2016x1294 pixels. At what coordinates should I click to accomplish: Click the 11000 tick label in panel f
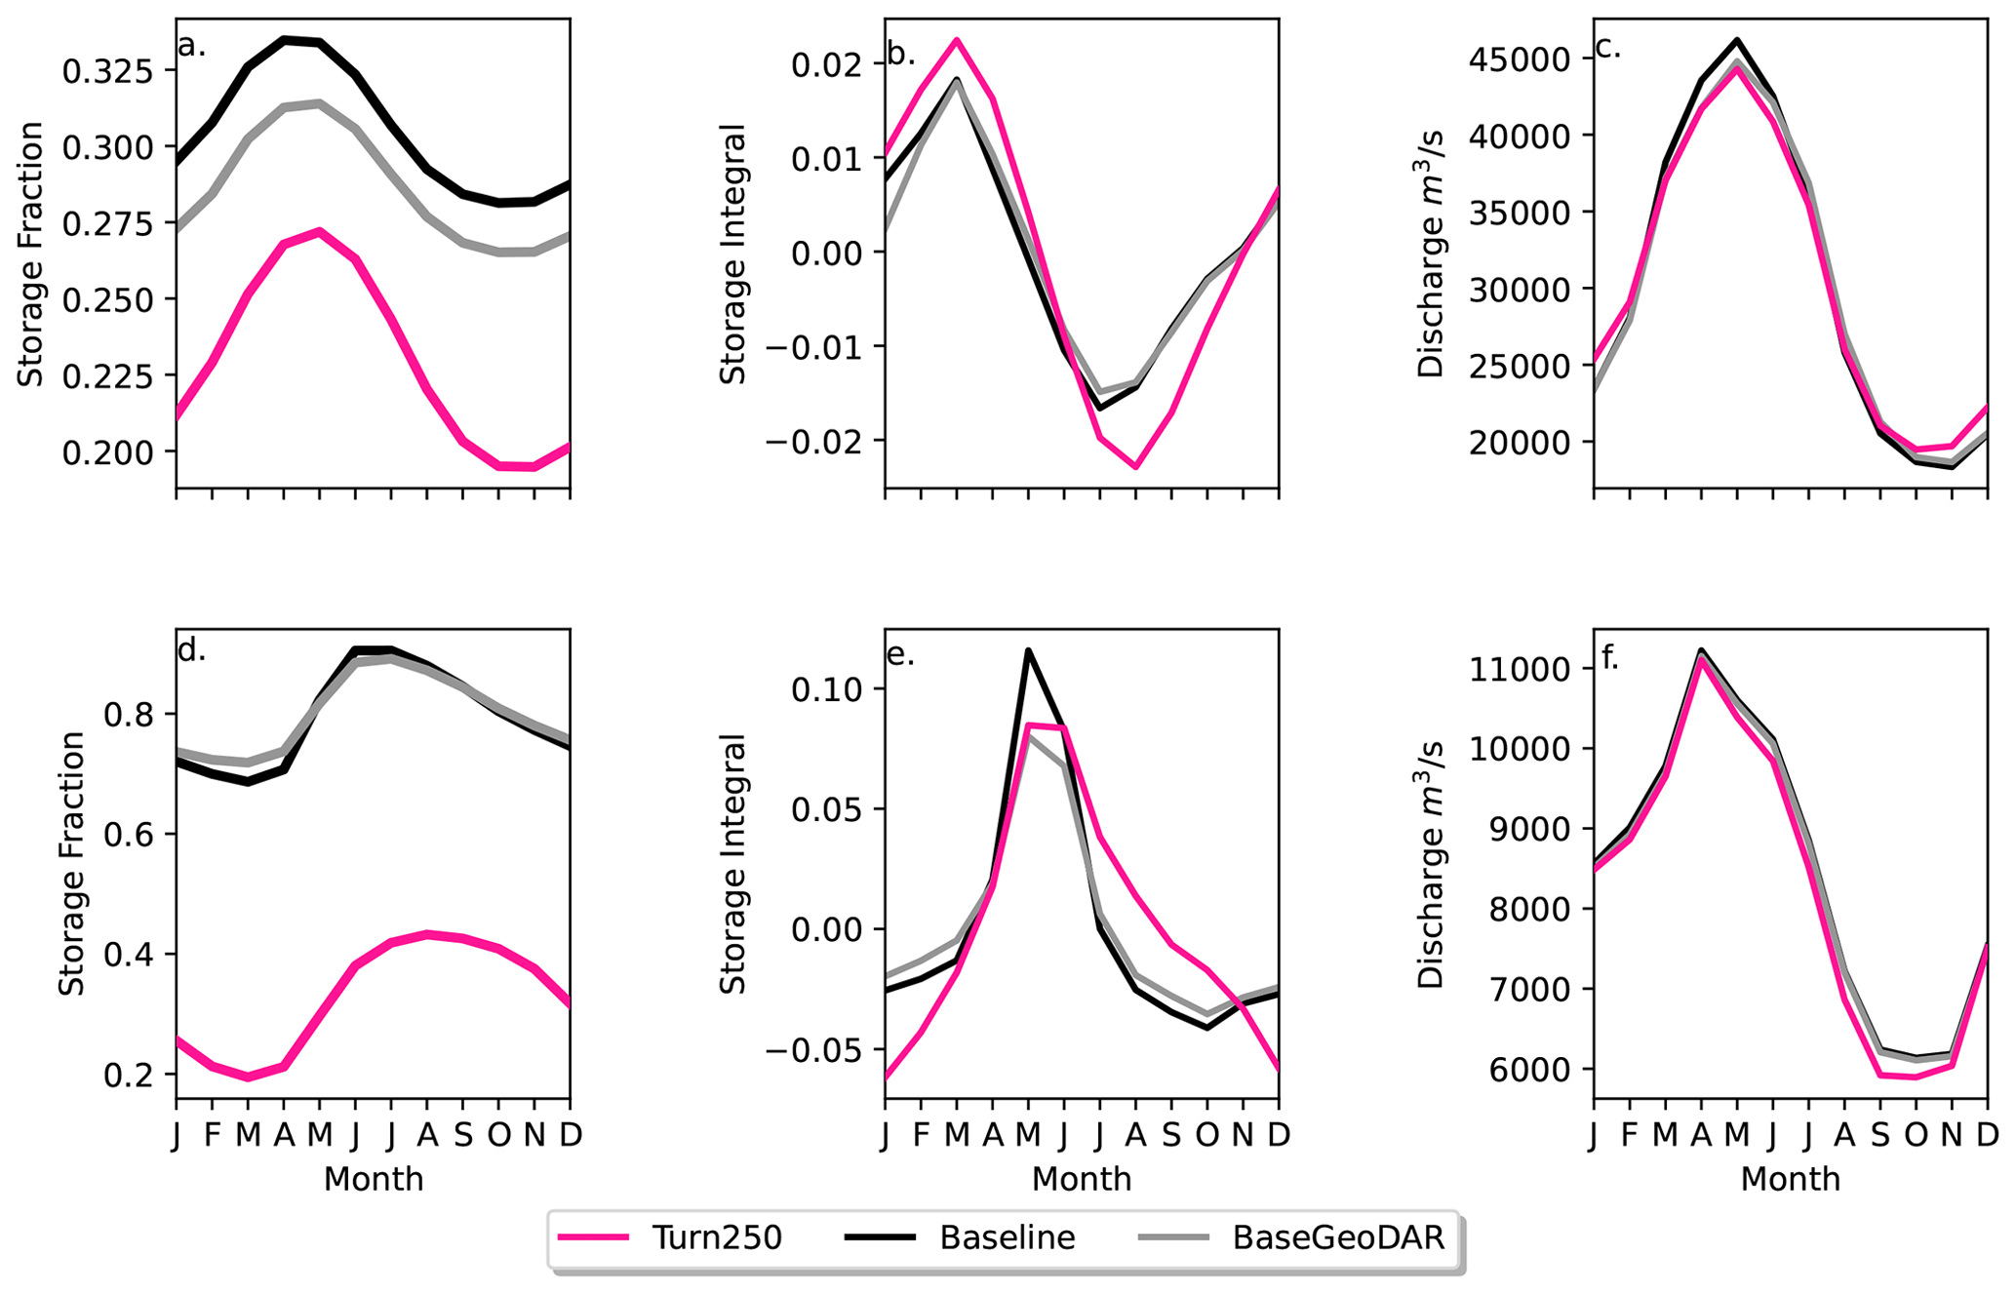[1522, 669]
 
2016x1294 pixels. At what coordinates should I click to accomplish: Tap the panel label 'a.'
[192, 45]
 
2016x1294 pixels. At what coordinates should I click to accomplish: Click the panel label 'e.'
[900, 654]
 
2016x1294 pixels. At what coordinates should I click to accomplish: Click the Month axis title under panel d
[374, 1179]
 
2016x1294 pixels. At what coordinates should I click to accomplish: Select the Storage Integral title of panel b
[732, 254]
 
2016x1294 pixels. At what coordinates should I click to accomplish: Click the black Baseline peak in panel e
[1028, 650]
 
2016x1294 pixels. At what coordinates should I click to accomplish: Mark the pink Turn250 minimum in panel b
[1136, 467]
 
